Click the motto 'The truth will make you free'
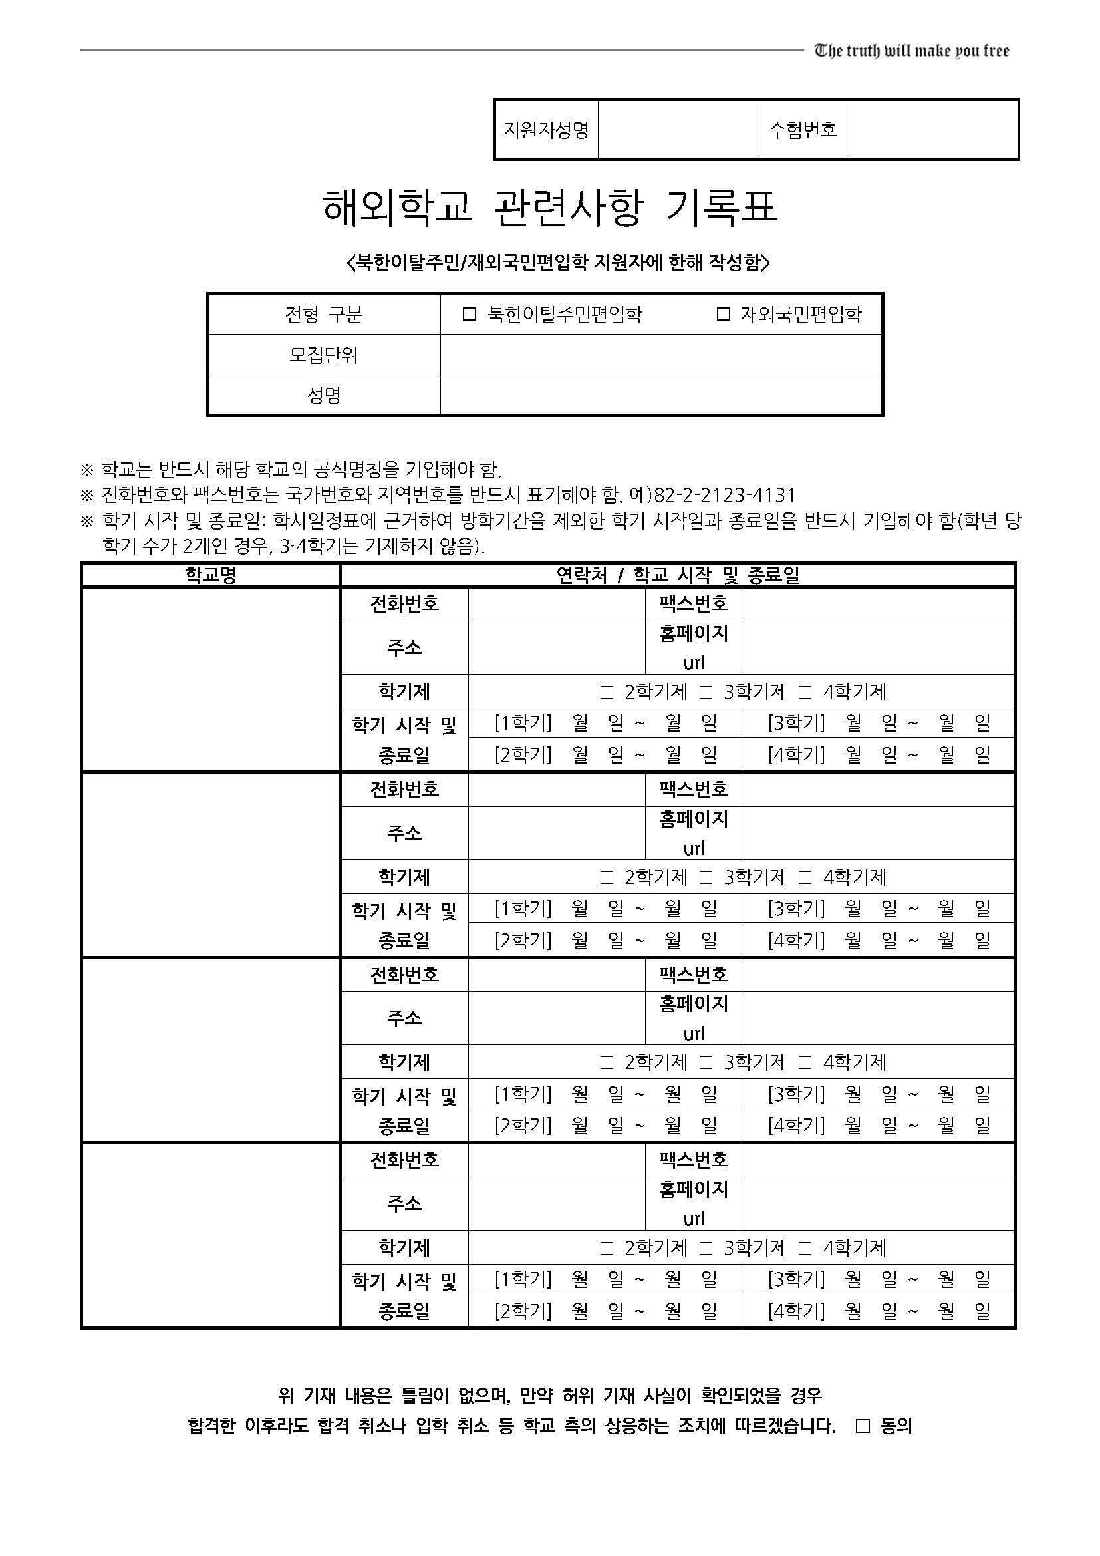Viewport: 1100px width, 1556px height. coord(911,51)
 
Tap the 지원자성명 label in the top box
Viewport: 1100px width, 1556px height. coord(546,130)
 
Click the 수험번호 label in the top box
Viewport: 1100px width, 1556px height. coord(803,130)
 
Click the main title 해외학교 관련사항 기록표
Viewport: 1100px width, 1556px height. coord(550,208)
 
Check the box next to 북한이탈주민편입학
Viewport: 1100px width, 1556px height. coord(470,315)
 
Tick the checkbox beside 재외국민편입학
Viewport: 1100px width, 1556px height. coord(724,315)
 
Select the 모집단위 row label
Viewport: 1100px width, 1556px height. coord(324,355)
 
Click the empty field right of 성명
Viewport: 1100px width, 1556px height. coord(660,395)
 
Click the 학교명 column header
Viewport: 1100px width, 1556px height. coord(211,575)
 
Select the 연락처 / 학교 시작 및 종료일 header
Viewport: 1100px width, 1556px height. coord(677,575)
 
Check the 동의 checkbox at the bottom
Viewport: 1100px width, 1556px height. coord(863,1426)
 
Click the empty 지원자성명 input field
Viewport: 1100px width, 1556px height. coord(678,130)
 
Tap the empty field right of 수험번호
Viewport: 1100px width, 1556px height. coord(932,130)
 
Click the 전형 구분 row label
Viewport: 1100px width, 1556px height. coord(324,315)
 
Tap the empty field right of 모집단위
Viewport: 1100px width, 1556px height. coord(660,355)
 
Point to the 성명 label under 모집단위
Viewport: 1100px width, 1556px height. coord(324,395)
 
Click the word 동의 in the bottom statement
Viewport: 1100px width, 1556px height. coord(896,1426)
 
